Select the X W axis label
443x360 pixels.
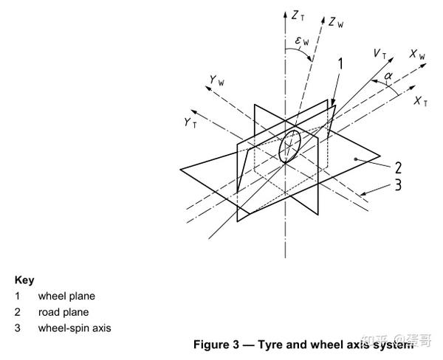pyautogui.click(x=418, y=55)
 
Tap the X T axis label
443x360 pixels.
pyautogui.click(x=422, y=102)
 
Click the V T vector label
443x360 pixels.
pyautogui.click(x=381, y=54)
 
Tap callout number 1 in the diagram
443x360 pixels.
pyautogui.click(x=340, y=66)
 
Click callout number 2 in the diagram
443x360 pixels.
pyautogui.click(x=396, y=167)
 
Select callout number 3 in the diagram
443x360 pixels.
pyautogui.click(x=396, y=184)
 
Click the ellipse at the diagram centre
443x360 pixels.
pyautogui.click(x=289, y=145)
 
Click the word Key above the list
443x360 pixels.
pyautogui.click(x=24, y=280)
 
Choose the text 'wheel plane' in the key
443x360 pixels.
pyautogui.click(x=66, y=297)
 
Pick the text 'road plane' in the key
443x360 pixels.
pyautogui.click(x=63, y=312)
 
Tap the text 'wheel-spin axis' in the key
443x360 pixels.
pyautogui.click(x=75, y=328)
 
